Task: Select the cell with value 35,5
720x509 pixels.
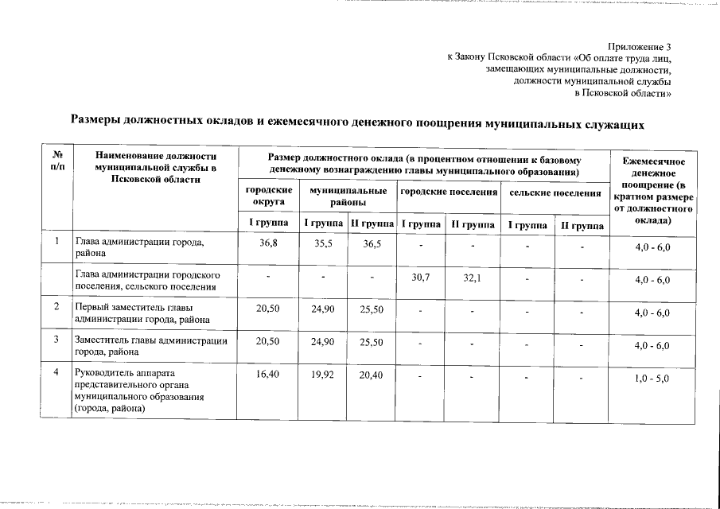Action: pyautogui.click(x=323, y=243)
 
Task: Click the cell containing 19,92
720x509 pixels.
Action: pyautogui.click(x=323, y=374)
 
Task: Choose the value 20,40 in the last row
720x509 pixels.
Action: pyautogui.click(x=372, y=374)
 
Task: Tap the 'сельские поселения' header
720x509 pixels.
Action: pyautogui.click(x=555, y=192)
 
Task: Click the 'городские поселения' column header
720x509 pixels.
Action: pyautogui.click(x=449, y=192)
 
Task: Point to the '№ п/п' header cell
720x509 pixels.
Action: pyautogui.click(x=57, y=161)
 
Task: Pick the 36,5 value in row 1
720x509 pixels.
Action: pyautogui.click(x=372, y=243)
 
